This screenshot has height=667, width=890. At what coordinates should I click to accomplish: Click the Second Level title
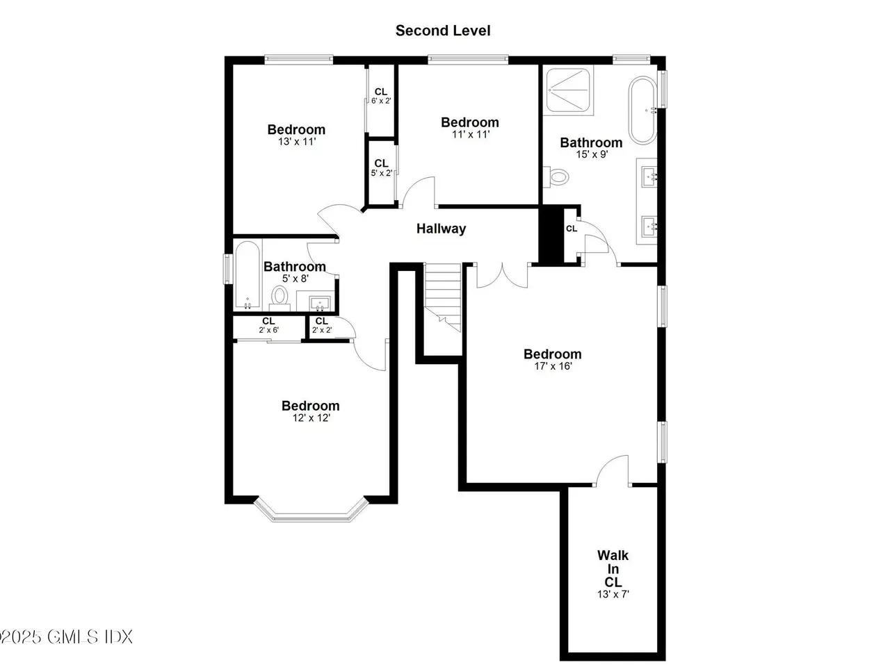click(443, 31)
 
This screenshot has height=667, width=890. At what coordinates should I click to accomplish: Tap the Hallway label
click(441, 229)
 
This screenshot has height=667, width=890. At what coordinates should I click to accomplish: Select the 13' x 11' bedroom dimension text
click(297, 142)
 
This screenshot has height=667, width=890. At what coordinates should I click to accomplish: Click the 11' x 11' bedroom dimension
click(471, 135)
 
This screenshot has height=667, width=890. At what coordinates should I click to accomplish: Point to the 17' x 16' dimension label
click(553, 366)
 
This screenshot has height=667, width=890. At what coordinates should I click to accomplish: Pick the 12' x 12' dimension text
click(311, 418)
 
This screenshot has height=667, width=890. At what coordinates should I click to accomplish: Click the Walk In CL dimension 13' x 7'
click(613, 594)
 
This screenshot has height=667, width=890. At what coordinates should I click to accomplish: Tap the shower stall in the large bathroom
click(568, 90)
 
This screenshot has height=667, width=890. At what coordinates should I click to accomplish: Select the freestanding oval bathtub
click(643, 109)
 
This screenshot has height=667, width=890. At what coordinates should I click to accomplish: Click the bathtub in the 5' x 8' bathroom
click(248, 275)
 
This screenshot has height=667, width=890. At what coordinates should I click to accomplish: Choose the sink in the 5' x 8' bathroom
click(320, 303)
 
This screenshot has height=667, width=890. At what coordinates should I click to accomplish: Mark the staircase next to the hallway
click(443, 297)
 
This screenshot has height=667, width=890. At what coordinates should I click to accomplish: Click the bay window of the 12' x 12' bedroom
click(311, 509)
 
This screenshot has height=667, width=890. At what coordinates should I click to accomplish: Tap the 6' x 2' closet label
click(381, 97)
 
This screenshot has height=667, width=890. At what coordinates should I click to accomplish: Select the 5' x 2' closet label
click(381, 168)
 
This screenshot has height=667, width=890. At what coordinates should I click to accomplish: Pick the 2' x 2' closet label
click(322, 326)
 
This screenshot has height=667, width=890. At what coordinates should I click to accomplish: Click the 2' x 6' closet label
click(268, 326)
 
